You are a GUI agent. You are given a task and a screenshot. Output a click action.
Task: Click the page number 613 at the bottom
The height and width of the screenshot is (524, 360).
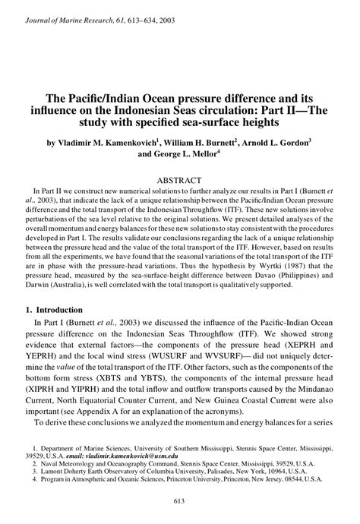(179, 510)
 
